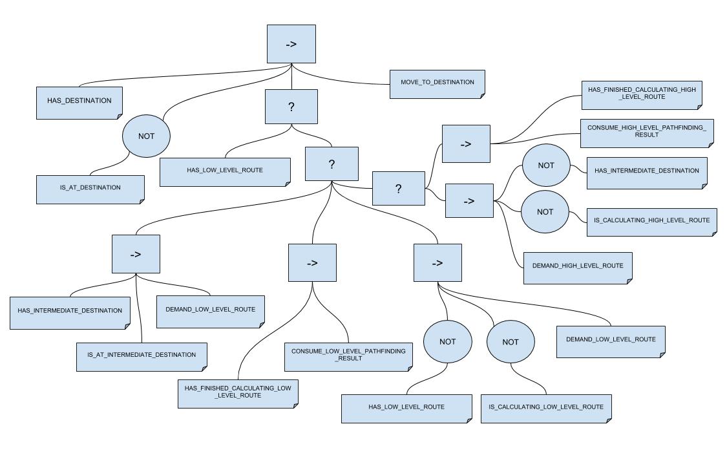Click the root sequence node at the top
click(291, 44)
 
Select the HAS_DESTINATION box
click(79, 101)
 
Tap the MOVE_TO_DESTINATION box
click(437, 83)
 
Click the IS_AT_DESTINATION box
click(90, 189)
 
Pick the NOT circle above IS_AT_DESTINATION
click(147, 136)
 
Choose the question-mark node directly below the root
click(291, 107)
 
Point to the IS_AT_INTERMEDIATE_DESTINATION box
click(142, 356)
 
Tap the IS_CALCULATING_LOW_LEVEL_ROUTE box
click(546, 408)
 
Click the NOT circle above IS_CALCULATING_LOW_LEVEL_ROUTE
click(511, 341)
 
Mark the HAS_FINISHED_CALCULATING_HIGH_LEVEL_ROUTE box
click(641, 94)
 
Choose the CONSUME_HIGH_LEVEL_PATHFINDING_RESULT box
click(646, 133)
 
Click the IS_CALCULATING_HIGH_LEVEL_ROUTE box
click(651, 221)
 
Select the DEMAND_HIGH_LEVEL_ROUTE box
click(578, 267)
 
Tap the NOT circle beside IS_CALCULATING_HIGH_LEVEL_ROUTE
click(545, 211)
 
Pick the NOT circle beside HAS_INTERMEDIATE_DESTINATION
click(546, 165)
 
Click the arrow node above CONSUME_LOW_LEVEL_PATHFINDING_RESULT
click(312, 262)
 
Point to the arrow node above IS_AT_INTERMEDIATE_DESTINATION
click(136, 254)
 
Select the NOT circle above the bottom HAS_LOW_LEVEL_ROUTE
click(447, 341)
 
